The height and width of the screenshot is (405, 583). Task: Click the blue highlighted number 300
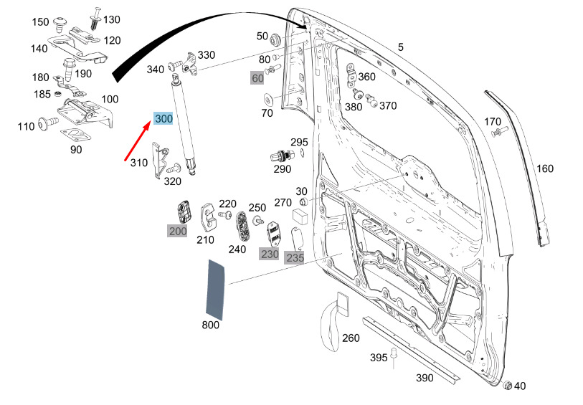point(163,118)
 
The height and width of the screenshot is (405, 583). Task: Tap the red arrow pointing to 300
point(138,140)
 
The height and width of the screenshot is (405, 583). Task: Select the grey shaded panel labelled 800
point(215,290)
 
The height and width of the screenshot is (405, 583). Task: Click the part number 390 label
point(425,378)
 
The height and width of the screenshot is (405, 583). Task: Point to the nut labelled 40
point(507,385)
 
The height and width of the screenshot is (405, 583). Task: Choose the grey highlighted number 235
point(295,257)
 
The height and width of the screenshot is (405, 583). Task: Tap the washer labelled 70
point(267,100)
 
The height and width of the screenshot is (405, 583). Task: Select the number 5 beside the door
point(400,47)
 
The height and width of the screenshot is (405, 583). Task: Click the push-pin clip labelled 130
point(96,18)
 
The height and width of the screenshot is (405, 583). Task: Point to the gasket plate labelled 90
point(75,135)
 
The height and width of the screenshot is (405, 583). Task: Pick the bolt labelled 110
point(47,122)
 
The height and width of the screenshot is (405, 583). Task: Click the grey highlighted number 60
point(257,78)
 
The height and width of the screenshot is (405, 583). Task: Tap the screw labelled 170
point(499,131)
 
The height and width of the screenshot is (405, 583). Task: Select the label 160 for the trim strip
point(545,168)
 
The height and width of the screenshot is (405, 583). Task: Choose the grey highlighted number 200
point(178,231)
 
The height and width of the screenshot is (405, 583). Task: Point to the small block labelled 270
point(300,216)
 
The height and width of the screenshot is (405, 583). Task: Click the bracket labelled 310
point(159,160)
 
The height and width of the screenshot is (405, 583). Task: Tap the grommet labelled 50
point(275,39)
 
